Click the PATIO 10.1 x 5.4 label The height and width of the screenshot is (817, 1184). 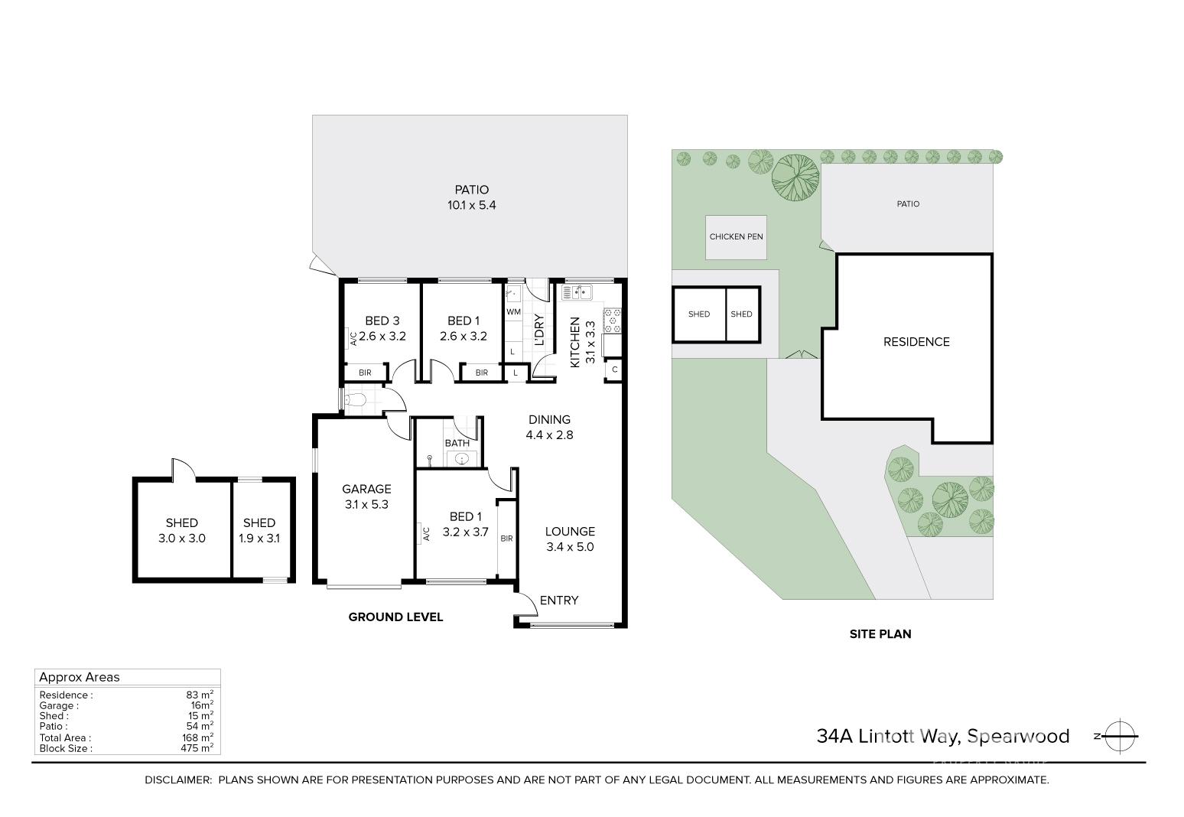pos(471,197)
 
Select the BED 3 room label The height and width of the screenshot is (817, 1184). pos(382,328)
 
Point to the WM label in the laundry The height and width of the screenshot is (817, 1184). pos(513,312)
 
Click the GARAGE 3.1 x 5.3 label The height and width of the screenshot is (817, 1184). pos(366,496)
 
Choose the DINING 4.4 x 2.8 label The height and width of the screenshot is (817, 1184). pos(549,427)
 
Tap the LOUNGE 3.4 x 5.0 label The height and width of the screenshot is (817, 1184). pos(570,539)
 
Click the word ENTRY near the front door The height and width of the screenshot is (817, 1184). pos(559,601)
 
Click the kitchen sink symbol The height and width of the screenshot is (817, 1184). pos(577,291)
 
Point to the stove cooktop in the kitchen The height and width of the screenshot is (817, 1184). pos(613,321)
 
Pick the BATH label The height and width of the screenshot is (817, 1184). pos(457,443)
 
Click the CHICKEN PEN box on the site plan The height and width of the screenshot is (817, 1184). pos(736,236)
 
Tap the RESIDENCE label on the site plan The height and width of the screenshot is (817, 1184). pos(916,342)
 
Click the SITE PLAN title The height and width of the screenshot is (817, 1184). pos(880,634)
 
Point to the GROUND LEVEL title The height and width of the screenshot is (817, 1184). pos(395,617)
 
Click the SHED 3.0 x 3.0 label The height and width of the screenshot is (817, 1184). pos(182,530)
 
